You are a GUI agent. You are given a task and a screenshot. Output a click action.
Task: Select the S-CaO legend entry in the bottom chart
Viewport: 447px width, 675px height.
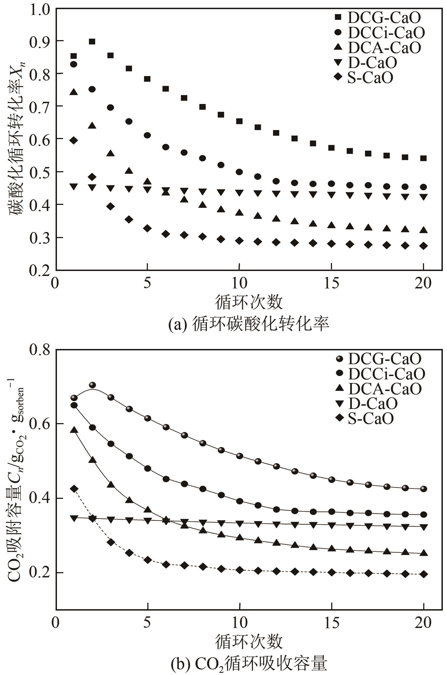[371, 418]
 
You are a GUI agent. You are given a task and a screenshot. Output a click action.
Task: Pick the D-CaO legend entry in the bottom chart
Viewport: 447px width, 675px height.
[372, 403]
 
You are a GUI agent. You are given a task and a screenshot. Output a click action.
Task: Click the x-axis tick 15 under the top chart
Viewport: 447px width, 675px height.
[331, 283]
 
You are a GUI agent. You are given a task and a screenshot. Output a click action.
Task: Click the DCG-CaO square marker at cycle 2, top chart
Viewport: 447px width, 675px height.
[92, 42]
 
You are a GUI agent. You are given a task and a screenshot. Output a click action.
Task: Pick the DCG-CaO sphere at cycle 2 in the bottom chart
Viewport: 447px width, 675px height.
[92, 385]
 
